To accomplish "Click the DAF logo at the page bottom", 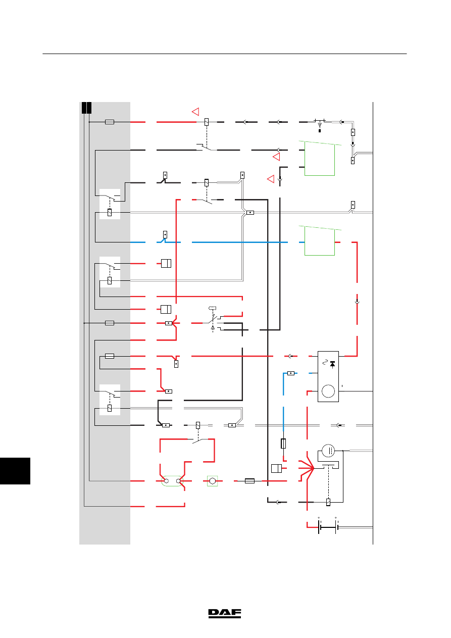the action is pos(225,614).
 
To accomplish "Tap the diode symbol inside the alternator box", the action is pos(332,364).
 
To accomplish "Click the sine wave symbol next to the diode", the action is pos(325,362).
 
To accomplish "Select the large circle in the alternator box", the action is pos(328,391).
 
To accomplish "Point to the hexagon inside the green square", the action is pos(213,481).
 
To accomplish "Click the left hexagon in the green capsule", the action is pos(167,481).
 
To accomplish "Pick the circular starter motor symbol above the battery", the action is pos(328,451).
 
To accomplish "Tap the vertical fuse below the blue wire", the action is pos(283,444).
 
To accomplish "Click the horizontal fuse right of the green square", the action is pos(249,481).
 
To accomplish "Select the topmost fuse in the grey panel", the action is pos(110,122).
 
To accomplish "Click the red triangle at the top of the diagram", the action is pos(195,111).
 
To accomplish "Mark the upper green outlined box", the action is pos(320,158).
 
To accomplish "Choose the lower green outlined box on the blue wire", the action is pos(320,240).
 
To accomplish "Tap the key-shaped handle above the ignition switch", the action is pos(213,308).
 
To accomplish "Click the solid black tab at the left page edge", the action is pos(15,471).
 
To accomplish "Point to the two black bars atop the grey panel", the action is pos(86,108).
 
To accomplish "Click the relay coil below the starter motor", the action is pos(328,502).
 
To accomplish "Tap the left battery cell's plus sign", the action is pos(319,517).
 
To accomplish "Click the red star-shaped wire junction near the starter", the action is pos(308,468).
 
